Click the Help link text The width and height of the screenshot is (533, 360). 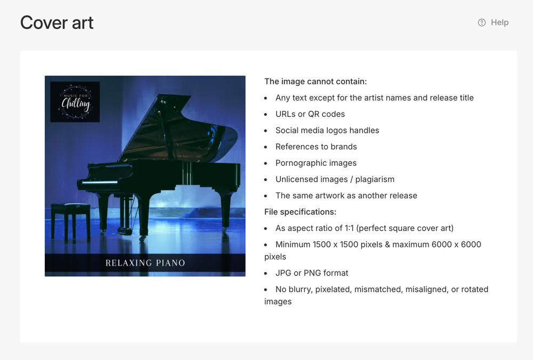click(x=499, y=22)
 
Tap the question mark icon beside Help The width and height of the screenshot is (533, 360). click(x=482, y=22)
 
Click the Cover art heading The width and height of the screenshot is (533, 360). click(x=57, y=23)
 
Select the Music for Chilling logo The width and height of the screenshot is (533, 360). click(x=75, y=102)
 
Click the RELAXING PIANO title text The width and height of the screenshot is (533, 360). click(x=145, y=263)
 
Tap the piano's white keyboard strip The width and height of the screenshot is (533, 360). click(x=100, y=182)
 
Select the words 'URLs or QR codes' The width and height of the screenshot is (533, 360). click(x=310, y=114)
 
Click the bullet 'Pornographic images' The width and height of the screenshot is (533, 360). click(x=316, y=163)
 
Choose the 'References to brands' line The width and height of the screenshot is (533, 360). click(x=316, y=147)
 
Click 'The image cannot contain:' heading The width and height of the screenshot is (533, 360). click(x=316, y=81)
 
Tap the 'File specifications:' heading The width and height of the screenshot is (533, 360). click(x=300, y=212)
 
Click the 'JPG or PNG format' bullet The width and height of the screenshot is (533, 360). click(x=312, y=273)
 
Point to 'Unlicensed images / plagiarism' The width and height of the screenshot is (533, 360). click(x=335, y=179)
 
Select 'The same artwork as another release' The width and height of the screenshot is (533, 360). click(x=346, y=195)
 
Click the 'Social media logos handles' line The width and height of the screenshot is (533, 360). click(x=327, y=130)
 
